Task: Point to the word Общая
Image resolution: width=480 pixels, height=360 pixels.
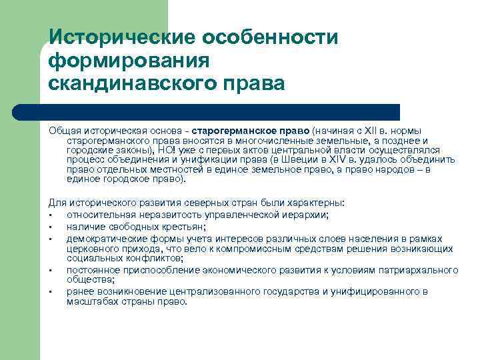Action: pos(63,130)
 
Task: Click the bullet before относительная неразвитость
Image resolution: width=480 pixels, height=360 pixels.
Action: pos(51,214)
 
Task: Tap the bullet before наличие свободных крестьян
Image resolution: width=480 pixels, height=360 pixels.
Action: pos(51,225)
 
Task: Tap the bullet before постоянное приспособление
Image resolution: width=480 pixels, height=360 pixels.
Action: pos(51,269)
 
